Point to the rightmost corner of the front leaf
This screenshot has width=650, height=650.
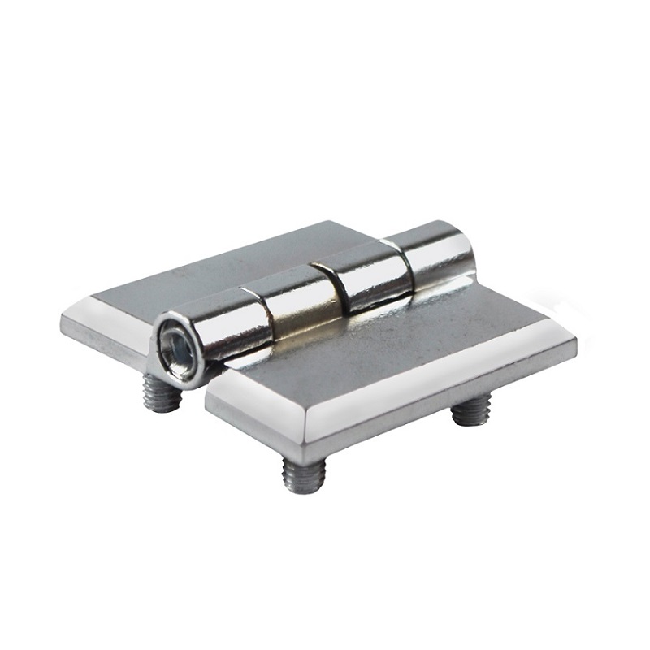pyautogui.click(x=574, y=341)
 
